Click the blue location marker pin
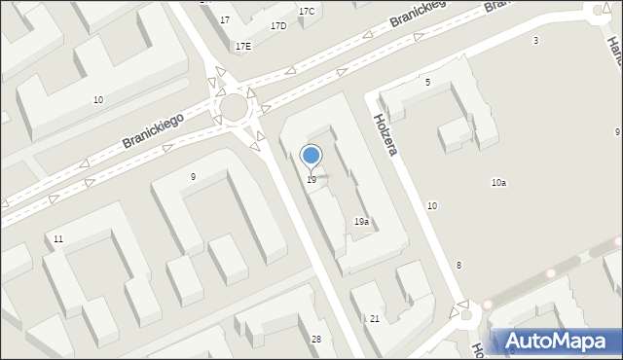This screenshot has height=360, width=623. [311, 156]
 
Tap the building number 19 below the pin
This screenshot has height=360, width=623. [311, 180]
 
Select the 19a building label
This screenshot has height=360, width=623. [361, 222]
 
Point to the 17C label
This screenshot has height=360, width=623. [307, 12]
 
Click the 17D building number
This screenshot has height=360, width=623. [278, 26]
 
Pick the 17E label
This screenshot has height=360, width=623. [242, 46]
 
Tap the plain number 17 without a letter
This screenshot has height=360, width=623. [225, 20]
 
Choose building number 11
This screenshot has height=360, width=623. [58, 239]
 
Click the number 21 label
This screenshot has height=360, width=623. [375, 319]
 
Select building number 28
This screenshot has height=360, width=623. [315, 339]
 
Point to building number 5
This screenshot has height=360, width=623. [427, 83]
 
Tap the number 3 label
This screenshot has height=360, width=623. [535, 40]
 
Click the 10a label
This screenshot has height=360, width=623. [498, 183]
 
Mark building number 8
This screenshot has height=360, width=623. [458, 266]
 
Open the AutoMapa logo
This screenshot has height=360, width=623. [557, 342]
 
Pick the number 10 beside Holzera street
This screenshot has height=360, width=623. [432, 205]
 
